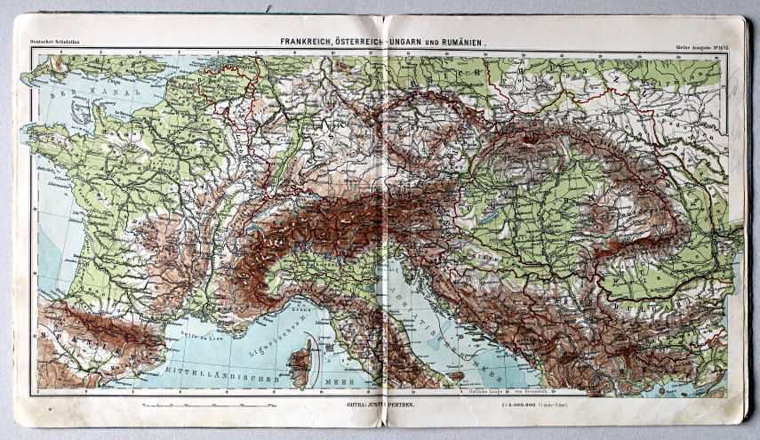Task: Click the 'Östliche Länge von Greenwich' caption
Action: pyautogui.click(x=493, y=391)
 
